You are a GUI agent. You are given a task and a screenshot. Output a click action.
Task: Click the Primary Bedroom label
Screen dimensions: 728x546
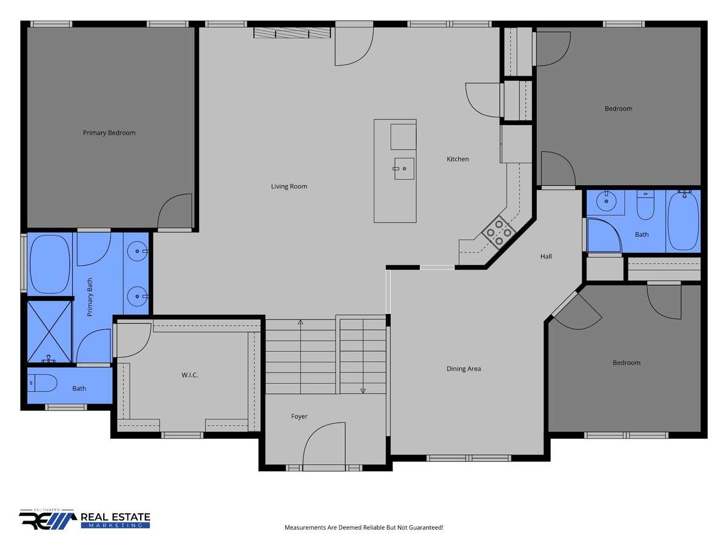(x=109, y=133)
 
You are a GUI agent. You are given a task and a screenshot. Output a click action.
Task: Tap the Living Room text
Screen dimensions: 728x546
(x=289, y=186)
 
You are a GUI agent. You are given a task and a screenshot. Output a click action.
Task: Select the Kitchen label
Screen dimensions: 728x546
(x=457, y=159)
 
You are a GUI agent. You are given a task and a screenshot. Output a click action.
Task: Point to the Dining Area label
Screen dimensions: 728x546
(x=463, y=369)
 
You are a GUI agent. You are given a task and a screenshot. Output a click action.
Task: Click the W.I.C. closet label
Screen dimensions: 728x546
(x=190, y=375)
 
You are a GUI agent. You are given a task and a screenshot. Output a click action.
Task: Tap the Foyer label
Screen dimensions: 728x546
(x=299, y=417)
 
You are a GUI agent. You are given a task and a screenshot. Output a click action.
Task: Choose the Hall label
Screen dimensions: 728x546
(x=546, y=256)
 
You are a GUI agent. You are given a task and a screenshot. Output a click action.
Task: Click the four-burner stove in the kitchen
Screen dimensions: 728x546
(x=499, y=233)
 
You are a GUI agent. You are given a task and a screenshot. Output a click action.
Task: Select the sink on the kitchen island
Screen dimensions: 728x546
(x=404, y=169)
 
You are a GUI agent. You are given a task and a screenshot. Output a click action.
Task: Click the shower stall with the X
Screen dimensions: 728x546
(x=49, y=331)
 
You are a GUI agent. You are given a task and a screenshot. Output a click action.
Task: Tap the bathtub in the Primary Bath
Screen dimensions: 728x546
(x=50, y=265)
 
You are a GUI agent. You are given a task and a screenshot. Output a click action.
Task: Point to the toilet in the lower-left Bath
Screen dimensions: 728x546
(x=42, y=383)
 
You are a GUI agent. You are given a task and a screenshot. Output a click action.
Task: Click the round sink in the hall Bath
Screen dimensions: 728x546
(x=606, y=201)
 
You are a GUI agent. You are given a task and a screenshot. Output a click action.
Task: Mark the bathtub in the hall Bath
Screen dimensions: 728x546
(x=683, y=221)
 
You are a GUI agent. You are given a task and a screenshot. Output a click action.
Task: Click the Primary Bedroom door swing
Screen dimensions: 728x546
(x=175, y=211)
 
